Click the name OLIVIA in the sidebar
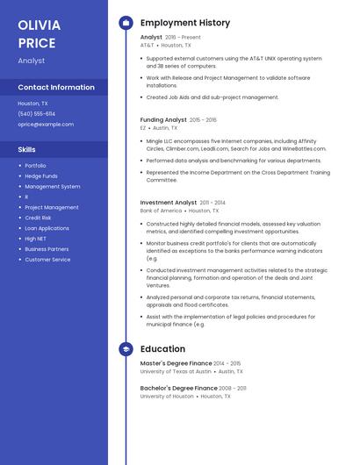point(39,25)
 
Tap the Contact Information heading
point(56,87)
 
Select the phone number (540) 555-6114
point(36,114)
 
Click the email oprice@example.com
point(46,125)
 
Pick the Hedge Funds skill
point(41,176)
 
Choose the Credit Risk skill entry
point(38,218)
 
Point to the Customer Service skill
point(47,260)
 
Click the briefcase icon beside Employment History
point(126,22)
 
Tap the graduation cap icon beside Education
point(126,349)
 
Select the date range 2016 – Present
point(183,38)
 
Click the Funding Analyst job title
point(163,119)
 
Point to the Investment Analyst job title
point(169,203)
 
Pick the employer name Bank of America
point(161,211)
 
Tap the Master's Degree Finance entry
point(176,363)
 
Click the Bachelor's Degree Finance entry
point(178,388)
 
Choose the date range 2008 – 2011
point(233,388)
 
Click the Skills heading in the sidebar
point(26,150)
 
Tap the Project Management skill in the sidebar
point(51,207)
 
